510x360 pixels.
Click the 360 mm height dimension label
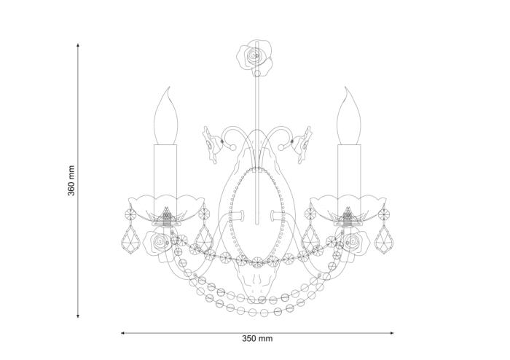(71, 181)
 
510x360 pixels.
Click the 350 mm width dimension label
(257, 339)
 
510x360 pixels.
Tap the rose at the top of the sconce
(254, 58)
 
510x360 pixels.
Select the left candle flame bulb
(166, 116)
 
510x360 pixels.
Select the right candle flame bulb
(349, 116)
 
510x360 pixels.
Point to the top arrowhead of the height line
(78, 45)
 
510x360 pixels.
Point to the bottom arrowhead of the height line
(78, 316)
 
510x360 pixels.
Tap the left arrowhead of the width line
(123, 333)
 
